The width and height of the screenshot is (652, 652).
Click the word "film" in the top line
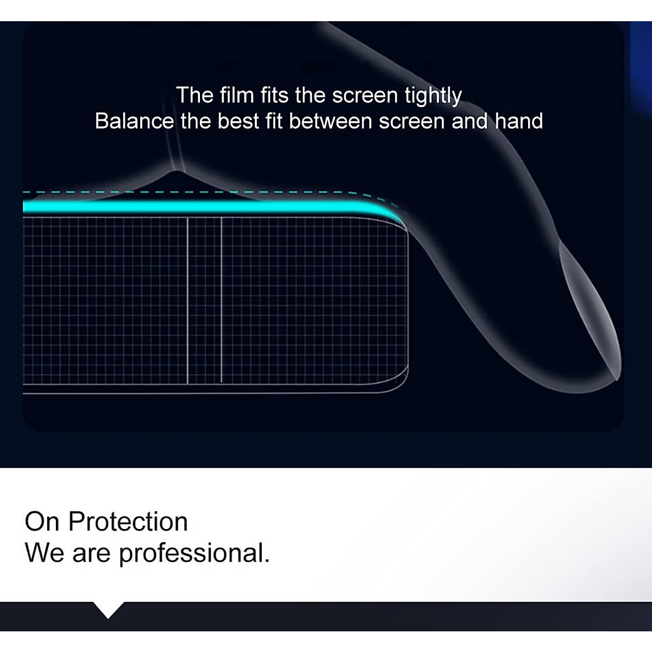pyautogui.click(x=237, y=95)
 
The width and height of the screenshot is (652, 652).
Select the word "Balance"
pyautogui.click(x=134, y=121)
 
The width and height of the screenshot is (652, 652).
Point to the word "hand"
pyautogui.click(x=519, y=121)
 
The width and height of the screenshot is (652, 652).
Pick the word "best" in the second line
pyautogui.click(x=238, y=121)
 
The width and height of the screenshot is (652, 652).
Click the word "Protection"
pyautogui.click(x=128, y=522)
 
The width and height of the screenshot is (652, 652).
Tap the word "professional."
pyautogui.click(x=195, y=555)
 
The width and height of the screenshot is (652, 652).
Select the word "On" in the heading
pyautogui.click(x=42, y=522)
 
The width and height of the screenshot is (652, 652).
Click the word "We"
pyautogui.click(x=45, y=553)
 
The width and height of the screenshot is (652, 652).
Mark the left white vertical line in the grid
pyautogui.click(x=187, y=300)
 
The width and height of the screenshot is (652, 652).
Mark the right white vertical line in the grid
pyautogui.click(x=221, y=300)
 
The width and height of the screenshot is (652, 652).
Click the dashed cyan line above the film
pyautogui.click(x=203, y=192)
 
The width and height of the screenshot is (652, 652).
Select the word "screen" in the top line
pyautogui.click(x=365, y=96)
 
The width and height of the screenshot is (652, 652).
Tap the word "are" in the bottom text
pyautogui.click(x=91, y=555)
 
